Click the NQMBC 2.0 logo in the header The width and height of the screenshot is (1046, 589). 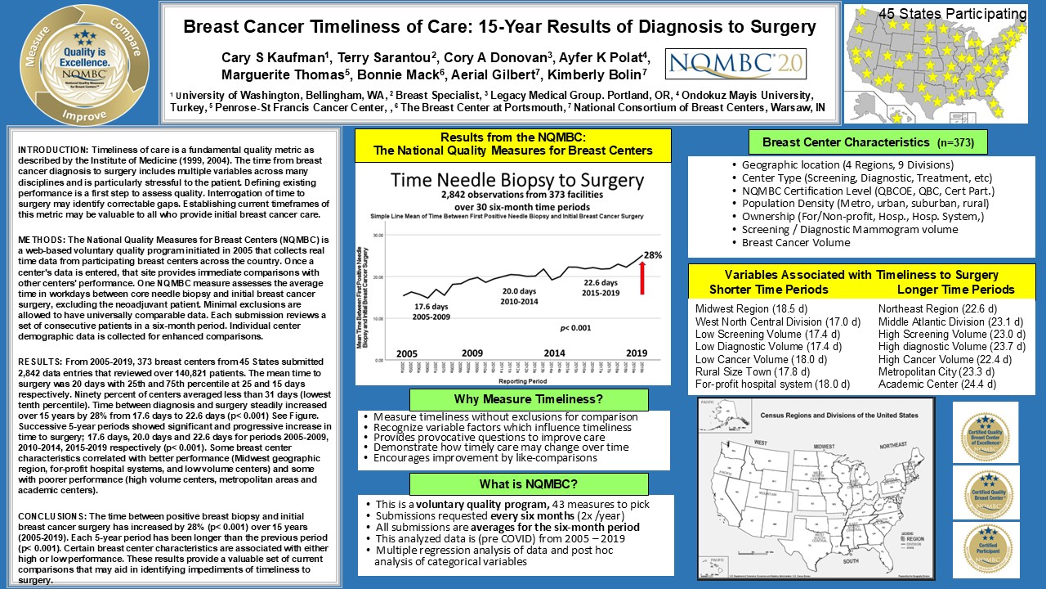point(735,64)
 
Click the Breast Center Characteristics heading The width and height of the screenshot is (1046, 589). point(868,142)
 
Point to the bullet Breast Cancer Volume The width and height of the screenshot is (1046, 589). point(797,242)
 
